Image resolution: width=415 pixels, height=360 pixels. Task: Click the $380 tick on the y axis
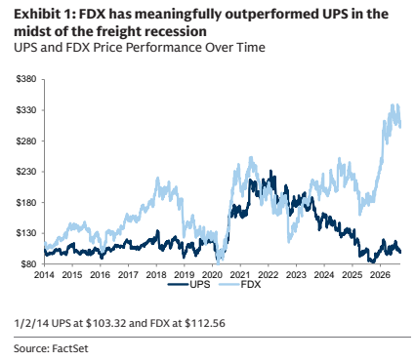click(25, 79)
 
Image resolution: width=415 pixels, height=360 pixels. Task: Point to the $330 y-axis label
click(25, 110)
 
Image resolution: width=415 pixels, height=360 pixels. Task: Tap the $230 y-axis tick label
click(25, 172)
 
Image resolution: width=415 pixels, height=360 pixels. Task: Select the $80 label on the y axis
click(27, 263)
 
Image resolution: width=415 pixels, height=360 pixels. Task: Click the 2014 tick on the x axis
click(44, 275)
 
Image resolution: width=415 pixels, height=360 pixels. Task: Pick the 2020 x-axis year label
click(212, 275)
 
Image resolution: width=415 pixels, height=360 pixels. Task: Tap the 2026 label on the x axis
click(380, 275)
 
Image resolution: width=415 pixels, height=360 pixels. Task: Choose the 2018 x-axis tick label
click(156, 275)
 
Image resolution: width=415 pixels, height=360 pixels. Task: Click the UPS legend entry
click(189, 285)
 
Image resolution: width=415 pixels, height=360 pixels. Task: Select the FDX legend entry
click(239, 285)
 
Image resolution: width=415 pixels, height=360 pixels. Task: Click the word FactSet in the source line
click(70, 348)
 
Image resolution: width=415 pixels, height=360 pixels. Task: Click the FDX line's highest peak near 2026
click(393, 104)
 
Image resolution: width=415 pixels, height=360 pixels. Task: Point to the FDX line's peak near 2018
click(158, 178)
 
